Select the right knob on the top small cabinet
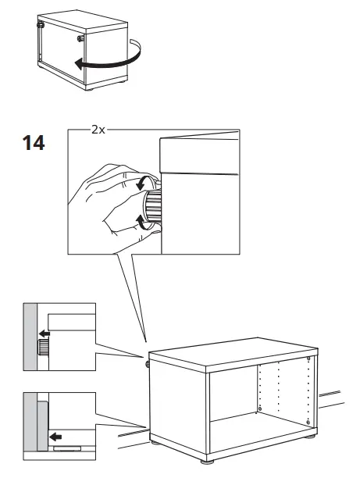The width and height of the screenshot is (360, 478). (x=80, y=36)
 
